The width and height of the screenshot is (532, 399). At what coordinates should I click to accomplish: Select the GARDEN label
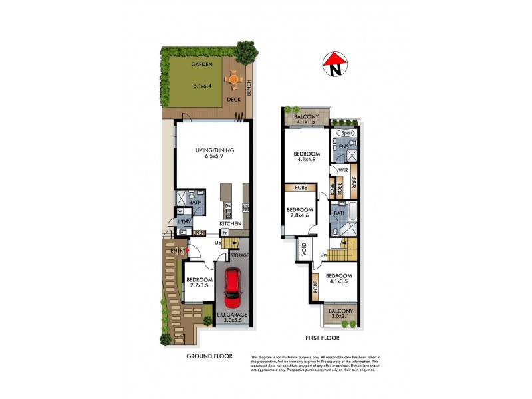[201, 65]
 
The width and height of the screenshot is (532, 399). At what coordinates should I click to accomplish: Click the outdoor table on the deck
[233, 80]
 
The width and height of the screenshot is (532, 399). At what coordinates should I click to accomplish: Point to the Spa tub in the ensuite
[347, 133]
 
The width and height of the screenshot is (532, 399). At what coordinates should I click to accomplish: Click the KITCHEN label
[230, 224]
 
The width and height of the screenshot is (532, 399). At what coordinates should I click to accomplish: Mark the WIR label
[344, 170]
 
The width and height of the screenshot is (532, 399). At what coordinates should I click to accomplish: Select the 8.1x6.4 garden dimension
[202, 86]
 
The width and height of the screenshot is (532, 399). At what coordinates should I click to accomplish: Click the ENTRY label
[178, 250]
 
